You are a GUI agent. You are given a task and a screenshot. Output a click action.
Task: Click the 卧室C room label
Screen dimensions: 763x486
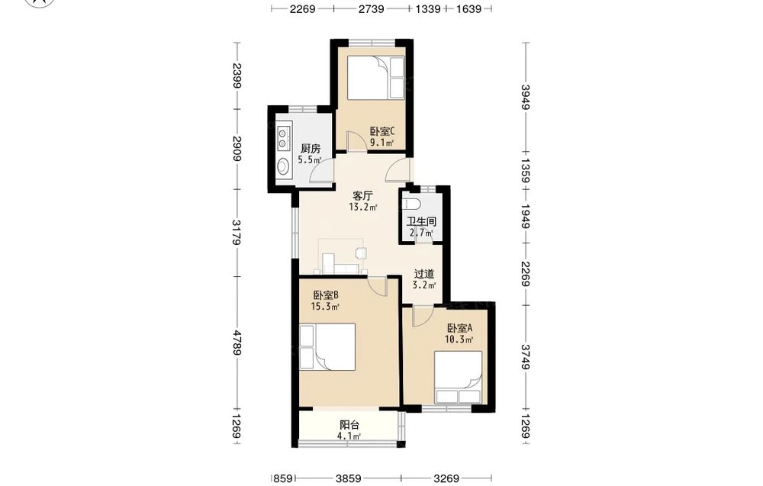(x=382, y=131)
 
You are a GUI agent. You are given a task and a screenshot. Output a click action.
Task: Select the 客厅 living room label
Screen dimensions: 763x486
(x=362, y=196)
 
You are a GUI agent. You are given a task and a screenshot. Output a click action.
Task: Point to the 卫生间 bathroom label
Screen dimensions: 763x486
(x=421, y=222)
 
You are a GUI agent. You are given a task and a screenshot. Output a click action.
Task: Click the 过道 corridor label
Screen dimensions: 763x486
(x=423, y=275)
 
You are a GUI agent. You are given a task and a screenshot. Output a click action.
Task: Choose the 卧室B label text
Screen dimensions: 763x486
(x=326, y=295)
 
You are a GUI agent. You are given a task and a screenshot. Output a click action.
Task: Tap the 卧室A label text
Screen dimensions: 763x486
(x=460, y=328)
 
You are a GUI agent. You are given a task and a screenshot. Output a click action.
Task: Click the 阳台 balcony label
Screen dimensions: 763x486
(x=349, y=425)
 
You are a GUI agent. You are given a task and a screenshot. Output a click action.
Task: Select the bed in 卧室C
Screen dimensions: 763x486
(x=375, y=78)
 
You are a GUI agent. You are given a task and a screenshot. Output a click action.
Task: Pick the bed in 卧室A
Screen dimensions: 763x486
(x=458, y=378)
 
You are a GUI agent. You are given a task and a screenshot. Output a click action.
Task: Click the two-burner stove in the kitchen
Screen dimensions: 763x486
(x=283, y=137)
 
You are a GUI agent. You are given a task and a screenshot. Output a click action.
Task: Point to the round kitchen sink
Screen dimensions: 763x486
(x=283, y=167)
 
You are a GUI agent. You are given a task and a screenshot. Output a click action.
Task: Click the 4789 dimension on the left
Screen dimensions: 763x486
(x=237, y=343)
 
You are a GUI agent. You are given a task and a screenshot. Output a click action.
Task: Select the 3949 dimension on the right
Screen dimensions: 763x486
(x=526, y=98)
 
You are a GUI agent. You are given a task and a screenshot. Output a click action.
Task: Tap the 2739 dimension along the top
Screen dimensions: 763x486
(x=372, y=8)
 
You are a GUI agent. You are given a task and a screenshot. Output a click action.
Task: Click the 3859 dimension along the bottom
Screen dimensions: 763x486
(x=349, y=478)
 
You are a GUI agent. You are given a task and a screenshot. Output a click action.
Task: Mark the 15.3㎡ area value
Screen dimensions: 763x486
(x=325, y=307)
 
